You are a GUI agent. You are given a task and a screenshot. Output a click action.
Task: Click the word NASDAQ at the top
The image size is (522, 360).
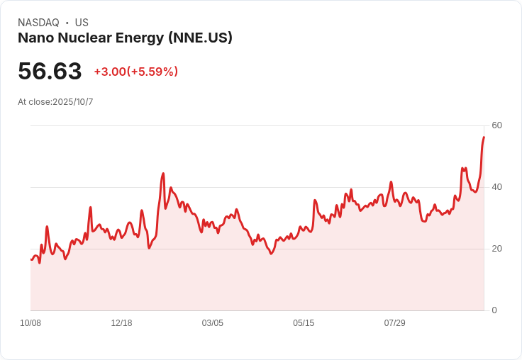[x=38, y=23]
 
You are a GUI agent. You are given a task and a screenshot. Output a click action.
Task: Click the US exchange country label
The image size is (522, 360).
[x=82, y=23]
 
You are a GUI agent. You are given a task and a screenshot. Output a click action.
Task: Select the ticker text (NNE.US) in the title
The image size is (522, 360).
[x=200, y=38]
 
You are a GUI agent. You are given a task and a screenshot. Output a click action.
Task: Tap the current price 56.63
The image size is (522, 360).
[x=50, y=71]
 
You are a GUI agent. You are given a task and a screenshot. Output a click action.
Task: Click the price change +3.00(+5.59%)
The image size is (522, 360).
[x=135, y=72]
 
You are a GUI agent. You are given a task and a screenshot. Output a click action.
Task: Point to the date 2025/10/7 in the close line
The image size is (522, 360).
[x=73, y=102]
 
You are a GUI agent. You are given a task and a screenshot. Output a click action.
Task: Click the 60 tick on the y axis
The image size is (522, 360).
[x=496, y=125]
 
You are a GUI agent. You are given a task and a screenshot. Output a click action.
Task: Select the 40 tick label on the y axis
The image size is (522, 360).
[x=496, y=187]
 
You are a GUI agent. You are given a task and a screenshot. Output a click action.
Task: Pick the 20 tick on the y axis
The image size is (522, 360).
[x=496, y=249]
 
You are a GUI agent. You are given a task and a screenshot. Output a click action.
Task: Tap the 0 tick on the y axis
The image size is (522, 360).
[x=494, y=310]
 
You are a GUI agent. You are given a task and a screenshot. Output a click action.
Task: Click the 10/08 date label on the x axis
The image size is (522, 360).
[x=30, y=323]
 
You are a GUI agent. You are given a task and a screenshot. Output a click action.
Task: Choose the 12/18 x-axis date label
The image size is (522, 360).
[x=121, y=323]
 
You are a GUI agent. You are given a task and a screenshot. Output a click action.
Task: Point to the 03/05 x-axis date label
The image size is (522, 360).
[x=212, y=323]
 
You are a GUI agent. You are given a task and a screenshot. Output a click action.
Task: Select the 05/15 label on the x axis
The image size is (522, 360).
[x=304, y=323]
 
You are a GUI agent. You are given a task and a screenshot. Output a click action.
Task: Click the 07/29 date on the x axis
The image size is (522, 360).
[x=394, y=323]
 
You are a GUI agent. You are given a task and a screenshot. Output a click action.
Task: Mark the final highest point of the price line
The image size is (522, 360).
[x=484, y=137]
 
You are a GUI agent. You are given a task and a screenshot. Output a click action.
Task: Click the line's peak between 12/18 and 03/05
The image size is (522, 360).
[x=163, y=173]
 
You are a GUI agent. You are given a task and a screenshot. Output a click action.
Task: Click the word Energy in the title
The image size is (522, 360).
[x=140, y=38]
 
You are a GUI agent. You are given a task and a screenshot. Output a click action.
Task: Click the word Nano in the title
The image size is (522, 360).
[x=35, y=38]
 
